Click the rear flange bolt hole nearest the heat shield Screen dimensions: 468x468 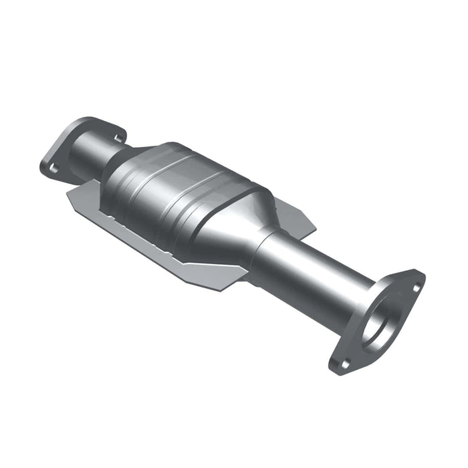pos(51,168)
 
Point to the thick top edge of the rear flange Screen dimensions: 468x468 pos(90,122)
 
